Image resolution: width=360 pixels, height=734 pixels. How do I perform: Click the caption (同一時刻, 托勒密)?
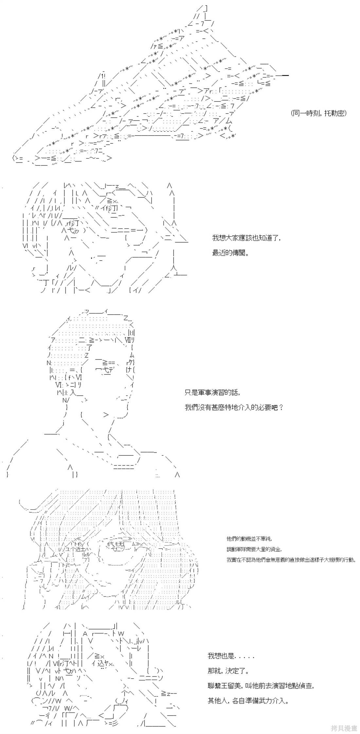tap(318, 113)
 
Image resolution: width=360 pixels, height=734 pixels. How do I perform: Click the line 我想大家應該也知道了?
tap(246, 238)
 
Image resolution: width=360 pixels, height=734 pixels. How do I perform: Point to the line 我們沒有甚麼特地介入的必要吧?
tap(234, 408)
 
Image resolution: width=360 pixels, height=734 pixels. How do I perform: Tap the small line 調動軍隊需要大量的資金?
tap(254, 549)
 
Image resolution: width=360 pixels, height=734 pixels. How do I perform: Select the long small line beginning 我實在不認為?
tap(290, 560)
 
